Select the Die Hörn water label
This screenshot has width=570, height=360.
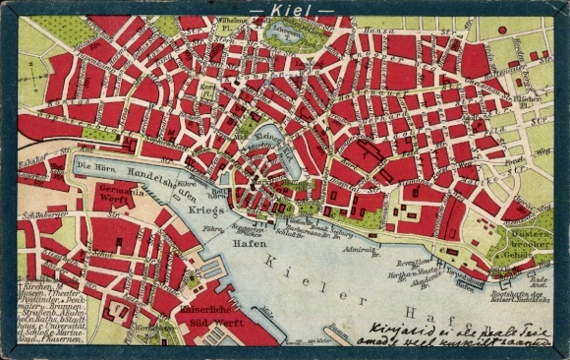point(96,166)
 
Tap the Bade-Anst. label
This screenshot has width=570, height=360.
point(538,281)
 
